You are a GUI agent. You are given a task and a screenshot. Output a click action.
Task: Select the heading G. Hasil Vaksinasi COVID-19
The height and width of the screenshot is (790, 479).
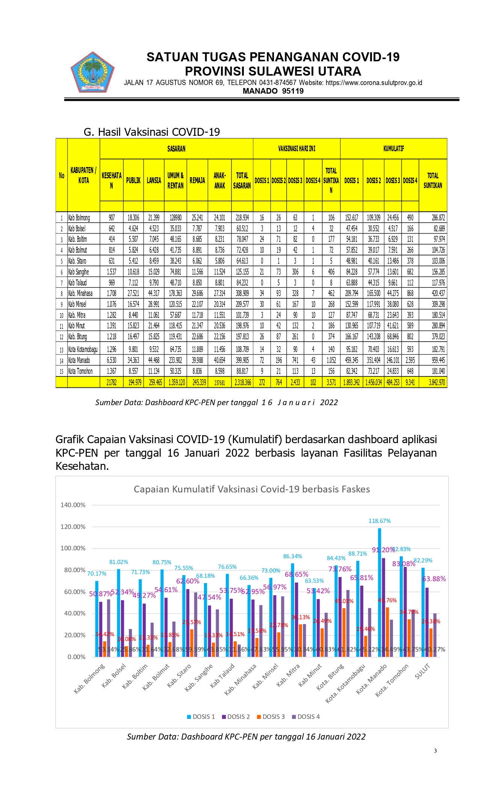[152, 132]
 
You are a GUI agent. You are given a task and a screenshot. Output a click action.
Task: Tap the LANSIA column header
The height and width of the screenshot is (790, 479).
[154, 181]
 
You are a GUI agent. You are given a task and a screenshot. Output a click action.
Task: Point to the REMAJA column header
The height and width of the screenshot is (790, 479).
[197, 181]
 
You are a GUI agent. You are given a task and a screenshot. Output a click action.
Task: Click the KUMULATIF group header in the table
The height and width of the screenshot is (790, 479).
[393, 149]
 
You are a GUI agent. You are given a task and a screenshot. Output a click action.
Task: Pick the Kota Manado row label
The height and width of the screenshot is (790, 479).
[79, 360]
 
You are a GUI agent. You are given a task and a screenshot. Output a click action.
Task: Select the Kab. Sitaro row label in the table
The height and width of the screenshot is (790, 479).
[77, 261]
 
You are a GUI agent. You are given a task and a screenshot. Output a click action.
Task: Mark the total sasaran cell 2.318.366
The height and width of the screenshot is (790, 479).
[242, 383]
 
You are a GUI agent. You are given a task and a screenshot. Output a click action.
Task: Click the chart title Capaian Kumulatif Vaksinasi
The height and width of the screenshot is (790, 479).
[252, 489]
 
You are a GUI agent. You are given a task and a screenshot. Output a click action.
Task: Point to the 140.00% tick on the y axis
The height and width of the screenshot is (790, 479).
[73, 505]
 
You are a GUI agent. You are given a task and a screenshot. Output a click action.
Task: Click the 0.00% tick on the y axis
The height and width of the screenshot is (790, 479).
[77, 657]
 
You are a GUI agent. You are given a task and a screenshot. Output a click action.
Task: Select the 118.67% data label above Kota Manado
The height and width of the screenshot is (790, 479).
[379, 521]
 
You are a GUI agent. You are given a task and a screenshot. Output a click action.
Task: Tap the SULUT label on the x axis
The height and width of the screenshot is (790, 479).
[422, 671]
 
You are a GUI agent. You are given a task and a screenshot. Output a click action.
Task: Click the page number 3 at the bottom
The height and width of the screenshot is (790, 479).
[435, 751]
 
